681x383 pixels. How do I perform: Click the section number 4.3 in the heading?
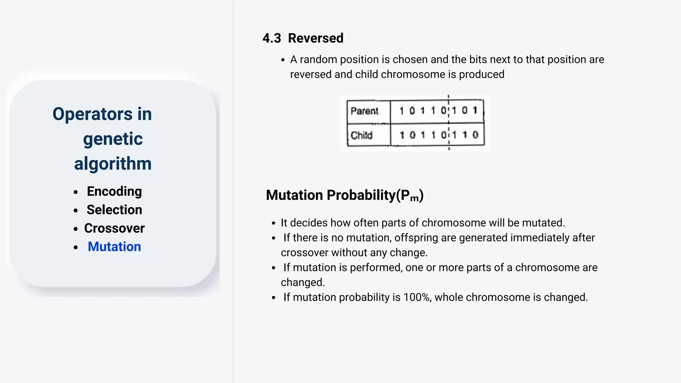pos(272,38)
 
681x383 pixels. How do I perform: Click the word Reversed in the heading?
pos(316,38)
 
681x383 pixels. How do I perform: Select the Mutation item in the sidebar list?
pos(114,247)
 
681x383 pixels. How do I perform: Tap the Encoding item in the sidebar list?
pos(114,191)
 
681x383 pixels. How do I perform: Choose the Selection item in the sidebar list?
pos(114,210)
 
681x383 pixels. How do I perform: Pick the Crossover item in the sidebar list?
pos(114,228)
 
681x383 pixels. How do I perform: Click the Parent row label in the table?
pos(364,111)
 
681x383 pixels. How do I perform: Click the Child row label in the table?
pos(361,135)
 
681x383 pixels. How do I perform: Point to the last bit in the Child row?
pos(475,135)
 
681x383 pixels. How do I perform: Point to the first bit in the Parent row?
pos(402,110)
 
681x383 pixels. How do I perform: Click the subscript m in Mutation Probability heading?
pos(414,198)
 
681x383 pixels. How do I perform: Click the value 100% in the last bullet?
pos(417,297)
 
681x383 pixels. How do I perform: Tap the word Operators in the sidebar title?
pos(92,114)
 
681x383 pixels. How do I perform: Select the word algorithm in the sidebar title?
pos(113,164)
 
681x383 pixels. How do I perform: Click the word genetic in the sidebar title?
pos(113,139)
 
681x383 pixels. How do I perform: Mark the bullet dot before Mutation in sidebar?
pos(76,247)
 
